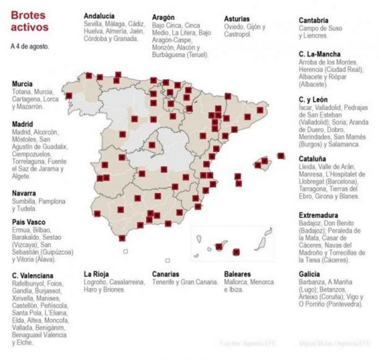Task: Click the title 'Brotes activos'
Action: coord(30,21)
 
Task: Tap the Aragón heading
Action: coord(164,17)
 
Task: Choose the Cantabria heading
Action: coord(314,20)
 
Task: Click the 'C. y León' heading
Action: coord(313,100)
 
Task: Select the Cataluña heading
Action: coord(312,159)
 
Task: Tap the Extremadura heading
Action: coord(319,215)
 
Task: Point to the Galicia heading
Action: coord(309,274)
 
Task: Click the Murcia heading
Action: coord(22,84)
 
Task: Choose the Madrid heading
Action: coord(22,124)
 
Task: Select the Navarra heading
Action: coord(24,193)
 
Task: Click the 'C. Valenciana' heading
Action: coord(33,276)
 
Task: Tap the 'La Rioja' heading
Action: coord(96,274)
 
